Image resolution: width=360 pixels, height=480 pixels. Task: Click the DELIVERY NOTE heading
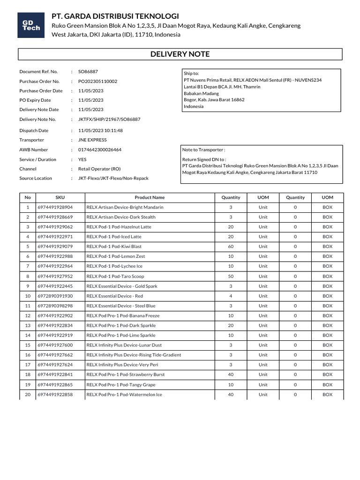pyautogui.click(x=180, y=54)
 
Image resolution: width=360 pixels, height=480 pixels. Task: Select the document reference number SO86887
pyautogui.click(x=88, y=72)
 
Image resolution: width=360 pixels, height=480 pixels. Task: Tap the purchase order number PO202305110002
pyautogui.click(x=97, y=81)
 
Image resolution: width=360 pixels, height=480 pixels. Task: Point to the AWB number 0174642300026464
pyautogui.click(x=100, y=150)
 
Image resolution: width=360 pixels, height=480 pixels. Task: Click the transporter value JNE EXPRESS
pyautogui.click(x=92, y=140)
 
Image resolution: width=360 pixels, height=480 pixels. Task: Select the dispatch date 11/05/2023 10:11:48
pyautogui.click(x=100, y=130)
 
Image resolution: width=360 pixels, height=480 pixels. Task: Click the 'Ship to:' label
pyautogui.click(x=191, y=74)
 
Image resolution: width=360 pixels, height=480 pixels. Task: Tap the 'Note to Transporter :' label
pyautogui.click(x=203, y=150)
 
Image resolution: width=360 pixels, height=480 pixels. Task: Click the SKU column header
pyautogui.click(x=60, y=197)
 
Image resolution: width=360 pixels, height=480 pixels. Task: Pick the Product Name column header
pyautogui.click(x=150, y=197)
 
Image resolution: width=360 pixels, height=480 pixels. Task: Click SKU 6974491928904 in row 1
pyautogui.click(x=55, y=207)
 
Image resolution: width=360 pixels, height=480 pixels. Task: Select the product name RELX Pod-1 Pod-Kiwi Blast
pyautogui.click(x=114, y=247)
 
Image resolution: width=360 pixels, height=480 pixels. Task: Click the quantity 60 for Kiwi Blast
pyautogui.click(x=231, y=247)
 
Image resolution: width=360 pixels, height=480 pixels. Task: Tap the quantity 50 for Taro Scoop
pyautogui.click(x=231, y=276)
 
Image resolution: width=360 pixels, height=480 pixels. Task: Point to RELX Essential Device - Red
pyautogui.click(x=115, y=296)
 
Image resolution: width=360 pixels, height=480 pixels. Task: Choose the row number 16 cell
pyautogui.click(x=28, y=355)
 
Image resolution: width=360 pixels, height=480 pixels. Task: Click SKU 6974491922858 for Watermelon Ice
pyautogui.click(x=55, y=395)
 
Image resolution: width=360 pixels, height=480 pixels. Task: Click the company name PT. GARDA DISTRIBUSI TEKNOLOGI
pyautogui.click(x=115, y=16)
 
